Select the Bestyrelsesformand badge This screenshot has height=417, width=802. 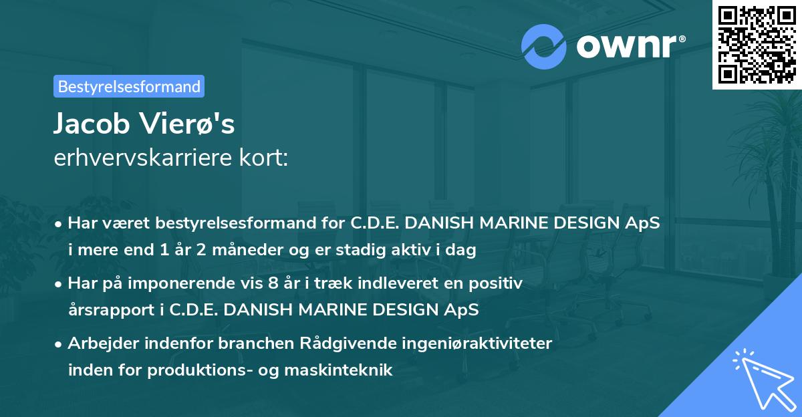[x=129, y=86]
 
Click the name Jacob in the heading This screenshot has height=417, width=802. [x=93, y=124]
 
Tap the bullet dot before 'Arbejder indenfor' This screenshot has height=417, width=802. [x=59, y=345]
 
